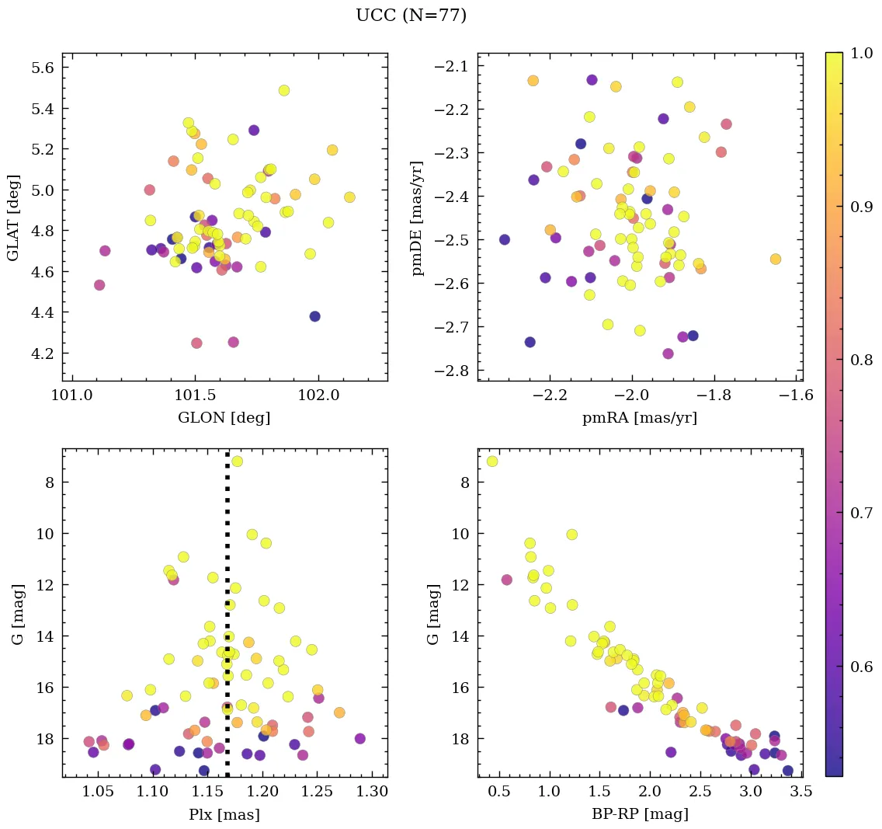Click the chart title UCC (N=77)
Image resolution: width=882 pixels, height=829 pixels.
[411, 16]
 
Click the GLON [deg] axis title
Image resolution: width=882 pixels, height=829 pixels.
[224, 418]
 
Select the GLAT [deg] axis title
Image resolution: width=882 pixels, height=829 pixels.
[13, 217]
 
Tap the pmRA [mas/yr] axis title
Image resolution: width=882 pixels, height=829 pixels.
[640, 418]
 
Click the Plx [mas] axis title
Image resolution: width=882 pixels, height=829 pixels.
[224, 815]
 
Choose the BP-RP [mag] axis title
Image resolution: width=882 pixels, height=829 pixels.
[640, 815]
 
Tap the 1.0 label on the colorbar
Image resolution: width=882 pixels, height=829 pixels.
[862, 53]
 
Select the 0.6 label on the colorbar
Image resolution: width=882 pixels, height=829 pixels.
[862, 667]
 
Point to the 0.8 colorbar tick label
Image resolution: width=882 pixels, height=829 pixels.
[862, 360]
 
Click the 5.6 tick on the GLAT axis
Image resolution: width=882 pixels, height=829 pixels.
[43, 68]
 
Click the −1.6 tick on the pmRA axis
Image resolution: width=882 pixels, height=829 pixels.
[797, 395]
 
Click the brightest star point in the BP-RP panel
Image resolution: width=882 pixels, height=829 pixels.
[491, 462]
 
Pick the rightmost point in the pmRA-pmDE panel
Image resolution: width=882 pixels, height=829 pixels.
[775, 259]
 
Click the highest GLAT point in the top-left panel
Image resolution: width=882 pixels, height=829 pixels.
[283, 90]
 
